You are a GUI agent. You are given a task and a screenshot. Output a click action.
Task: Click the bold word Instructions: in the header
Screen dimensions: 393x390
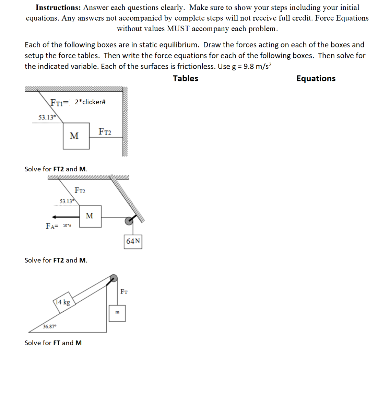pos(58,8)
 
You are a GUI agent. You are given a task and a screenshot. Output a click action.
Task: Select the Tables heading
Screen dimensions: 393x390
pos(185,79)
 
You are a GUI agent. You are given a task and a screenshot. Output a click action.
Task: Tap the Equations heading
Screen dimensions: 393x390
pos(316,79)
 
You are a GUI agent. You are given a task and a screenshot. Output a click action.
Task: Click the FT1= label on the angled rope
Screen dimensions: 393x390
pos(59,102)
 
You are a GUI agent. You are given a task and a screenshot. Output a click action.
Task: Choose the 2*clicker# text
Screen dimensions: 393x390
pos(90,102)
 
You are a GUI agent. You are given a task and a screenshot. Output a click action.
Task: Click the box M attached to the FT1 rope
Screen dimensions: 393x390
pos(76,136)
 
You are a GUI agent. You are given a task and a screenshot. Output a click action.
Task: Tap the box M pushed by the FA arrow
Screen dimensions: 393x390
pos(90,216)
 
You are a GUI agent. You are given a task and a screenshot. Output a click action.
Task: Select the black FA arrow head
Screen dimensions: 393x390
pos(54,217)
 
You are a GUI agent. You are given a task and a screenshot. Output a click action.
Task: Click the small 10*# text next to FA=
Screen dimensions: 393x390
pos(67,226)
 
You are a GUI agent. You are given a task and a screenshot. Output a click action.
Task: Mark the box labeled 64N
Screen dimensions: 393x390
pos(133,241)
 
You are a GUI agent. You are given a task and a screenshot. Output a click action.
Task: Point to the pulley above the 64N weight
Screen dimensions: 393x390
pos(129,221)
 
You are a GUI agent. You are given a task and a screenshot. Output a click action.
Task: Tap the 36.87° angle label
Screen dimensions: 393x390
pos(50,326)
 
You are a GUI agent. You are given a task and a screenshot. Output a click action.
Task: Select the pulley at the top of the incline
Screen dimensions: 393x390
pos(113,278)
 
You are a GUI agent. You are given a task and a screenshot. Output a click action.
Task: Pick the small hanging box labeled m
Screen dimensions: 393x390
pos(117,313)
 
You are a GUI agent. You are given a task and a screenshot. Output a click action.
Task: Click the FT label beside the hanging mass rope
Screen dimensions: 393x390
pos(124,292)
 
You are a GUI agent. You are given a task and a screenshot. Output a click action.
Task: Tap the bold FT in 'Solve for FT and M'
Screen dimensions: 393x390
pos(57,343)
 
